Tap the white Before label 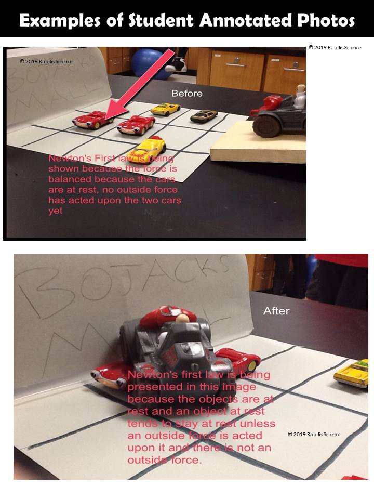tap(187, 94)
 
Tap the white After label tap(276, 311)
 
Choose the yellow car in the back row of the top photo tap(165, 109)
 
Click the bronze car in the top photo tap(203, 116)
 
